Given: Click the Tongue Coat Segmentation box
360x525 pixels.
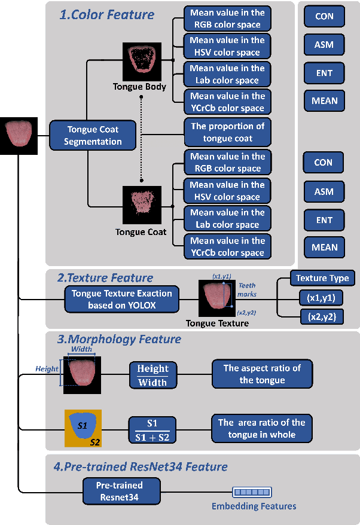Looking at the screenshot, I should [x=93, y=135].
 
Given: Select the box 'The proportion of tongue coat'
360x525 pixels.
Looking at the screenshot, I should [x=227, y=132].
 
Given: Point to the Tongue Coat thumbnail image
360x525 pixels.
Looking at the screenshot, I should [x=142, y=204].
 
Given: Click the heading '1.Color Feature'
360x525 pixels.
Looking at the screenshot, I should [x=106, y=14].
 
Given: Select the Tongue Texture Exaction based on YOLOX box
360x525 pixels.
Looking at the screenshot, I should [x=121, y=300].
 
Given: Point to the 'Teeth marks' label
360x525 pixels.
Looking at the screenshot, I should [x=246, y=289].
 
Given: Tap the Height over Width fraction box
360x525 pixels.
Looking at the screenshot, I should [x=153, y=375].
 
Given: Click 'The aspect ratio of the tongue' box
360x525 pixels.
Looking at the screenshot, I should [x=262, y=374].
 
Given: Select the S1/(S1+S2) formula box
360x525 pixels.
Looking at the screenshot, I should [x=153, y=429].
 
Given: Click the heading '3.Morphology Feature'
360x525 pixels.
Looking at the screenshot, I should [x=119, y=339].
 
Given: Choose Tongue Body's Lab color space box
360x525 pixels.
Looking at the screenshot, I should [x=227, y=74].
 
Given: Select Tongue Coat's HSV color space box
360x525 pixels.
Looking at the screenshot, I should [x=227, y=191].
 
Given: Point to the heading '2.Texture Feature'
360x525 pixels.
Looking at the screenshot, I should [x=105, y=277].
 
